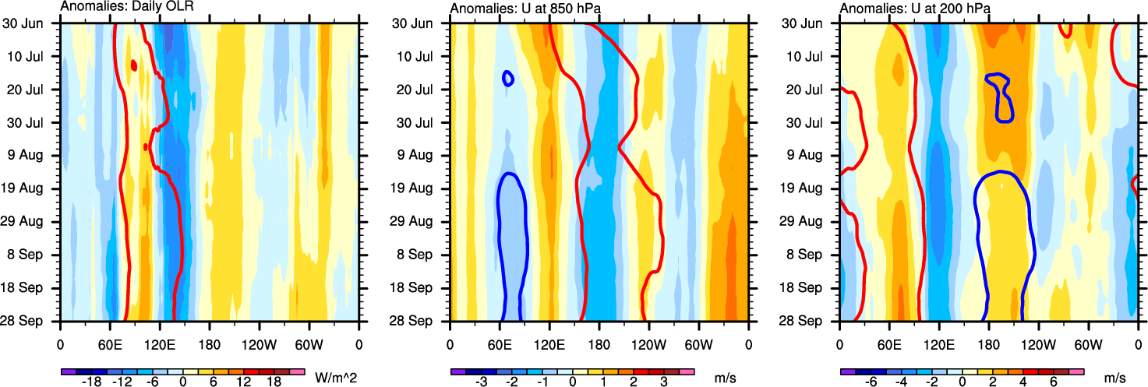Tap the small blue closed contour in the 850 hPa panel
click(508, 78)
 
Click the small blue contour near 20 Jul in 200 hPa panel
click(1001, 97)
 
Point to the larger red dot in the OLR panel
click(135, 65)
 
